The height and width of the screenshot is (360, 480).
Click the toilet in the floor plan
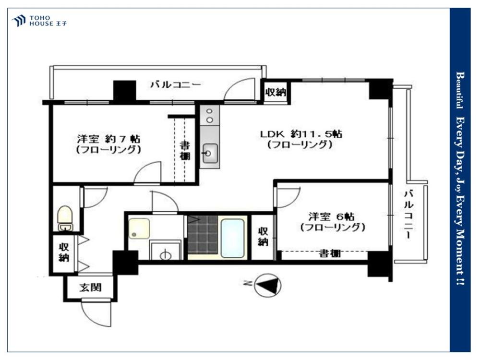65,218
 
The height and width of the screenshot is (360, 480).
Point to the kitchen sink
209,154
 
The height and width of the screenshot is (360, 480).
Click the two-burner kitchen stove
210,116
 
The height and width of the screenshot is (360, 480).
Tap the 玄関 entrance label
90,288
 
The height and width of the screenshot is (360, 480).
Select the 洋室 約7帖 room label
108,144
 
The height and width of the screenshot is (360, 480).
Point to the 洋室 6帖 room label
332,221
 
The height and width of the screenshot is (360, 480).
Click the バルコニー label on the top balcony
175,85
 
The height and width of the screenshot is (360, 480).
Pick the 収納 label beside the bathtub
263,236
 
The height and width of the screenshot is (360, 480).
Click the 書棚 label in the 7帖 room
184,151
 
